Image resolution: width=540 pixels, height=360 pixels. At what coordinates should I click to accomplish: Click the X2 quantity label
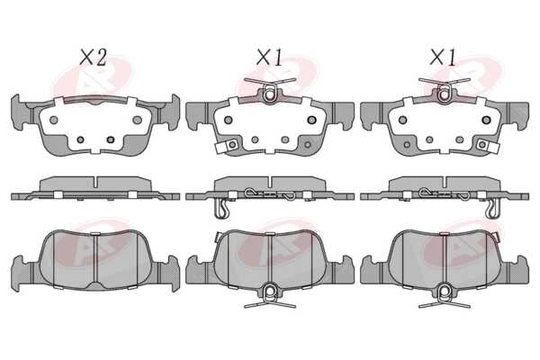point(93,58)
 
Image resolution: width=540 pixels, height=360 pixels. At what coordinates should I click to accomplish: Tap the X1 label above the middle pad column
point(269,58)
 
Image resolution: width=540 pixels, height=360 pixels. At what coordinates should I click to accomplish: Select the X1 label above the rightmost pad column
point(443,58)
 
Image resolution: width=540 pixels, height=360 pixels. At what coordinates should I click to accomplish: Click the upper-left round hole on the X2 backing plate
point(54,120)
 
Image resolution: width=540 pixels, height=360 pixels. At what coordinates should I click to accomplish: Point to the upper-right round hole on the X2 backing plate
point(137,120)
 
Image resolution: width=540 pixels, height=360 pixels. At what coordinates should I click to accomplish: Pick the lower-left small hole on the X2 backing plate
point(81,139)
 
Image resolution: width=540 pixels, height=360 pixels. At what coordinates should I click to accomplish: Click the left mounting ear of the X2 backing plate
point(20,112)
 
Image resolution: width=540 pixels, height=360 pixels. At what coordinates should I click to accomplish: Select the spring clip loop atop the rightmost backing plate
point(444,94)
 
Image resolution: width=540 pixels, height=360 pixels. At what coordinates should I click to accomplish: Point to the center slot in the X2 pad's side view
point(95,184)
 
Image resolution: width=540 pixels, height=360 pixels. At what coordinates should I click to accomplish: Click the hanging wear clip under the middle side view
point(221,209)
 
